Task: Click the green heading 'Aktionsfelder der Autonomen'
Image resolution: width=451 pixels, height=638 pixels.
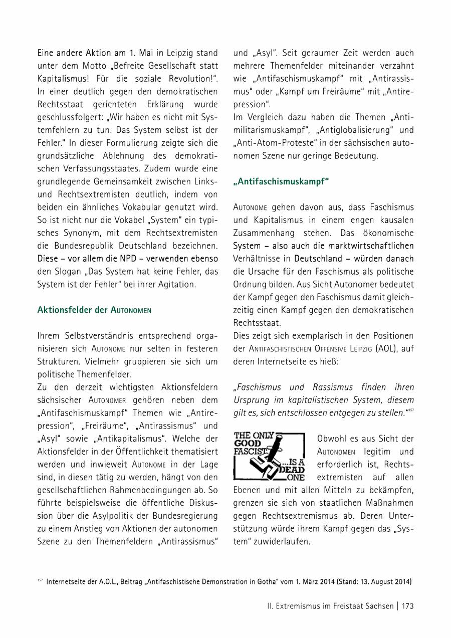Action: point(94,310)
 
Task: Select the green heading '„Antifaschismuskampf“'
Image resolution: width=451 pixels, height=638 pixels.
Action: point(281,181)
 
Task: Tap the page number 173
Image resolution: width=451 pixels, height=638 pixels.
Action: point(407,606)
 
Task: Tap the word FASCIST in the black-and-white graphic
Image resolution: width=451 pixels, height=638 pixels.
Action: point(249,451)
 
